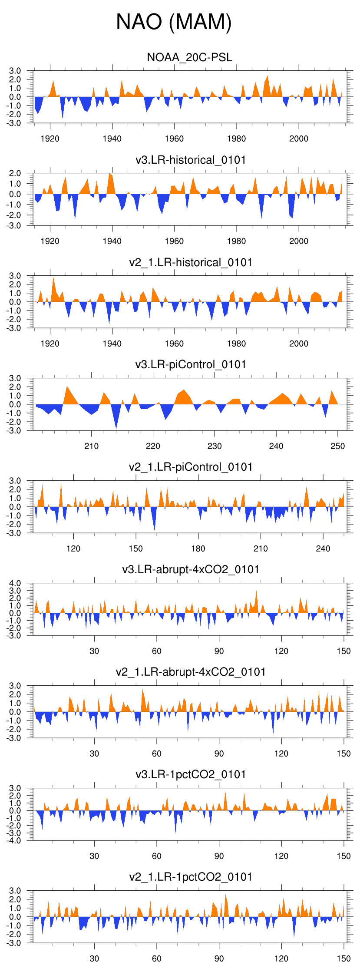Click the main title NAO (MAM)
coord(174,22)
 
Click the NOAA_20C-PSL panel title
coord(190,57)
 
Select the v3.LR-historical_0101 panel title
coord(191,160)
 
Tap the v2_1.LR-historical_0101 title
coord(191,262)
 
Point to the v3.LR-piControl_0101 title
coord(191,364)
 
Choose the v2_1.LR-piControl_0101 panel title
coord(191,467)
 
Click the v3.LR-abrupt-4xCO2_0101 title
coord(191,569)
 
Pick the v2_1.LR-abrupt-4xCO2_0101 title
coord(191,672)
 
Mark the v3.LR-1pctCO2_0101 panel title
coord(191,774)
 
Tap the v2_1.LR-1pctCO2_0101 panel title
coord(191,877)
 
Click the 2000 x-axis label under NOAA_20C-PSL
coord(299,139)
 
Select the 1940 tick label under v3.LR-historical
coord(112,241)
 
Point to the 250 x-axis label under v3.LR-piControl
coord(338,446)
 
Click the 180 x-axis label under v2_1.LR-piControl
coord(198,549)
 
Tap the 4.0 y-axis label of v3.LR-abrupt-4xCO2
coord(15,583)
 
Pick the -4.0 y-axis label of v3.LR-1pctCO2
coord(14,840)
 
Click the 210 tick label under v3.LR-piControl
coord(91,446)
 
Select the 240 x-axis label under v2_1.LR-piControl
coord(323,549)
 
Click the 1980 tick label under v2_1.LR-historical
coord(236,344)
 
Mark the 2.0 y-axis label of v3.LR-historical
coord(15,173)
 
